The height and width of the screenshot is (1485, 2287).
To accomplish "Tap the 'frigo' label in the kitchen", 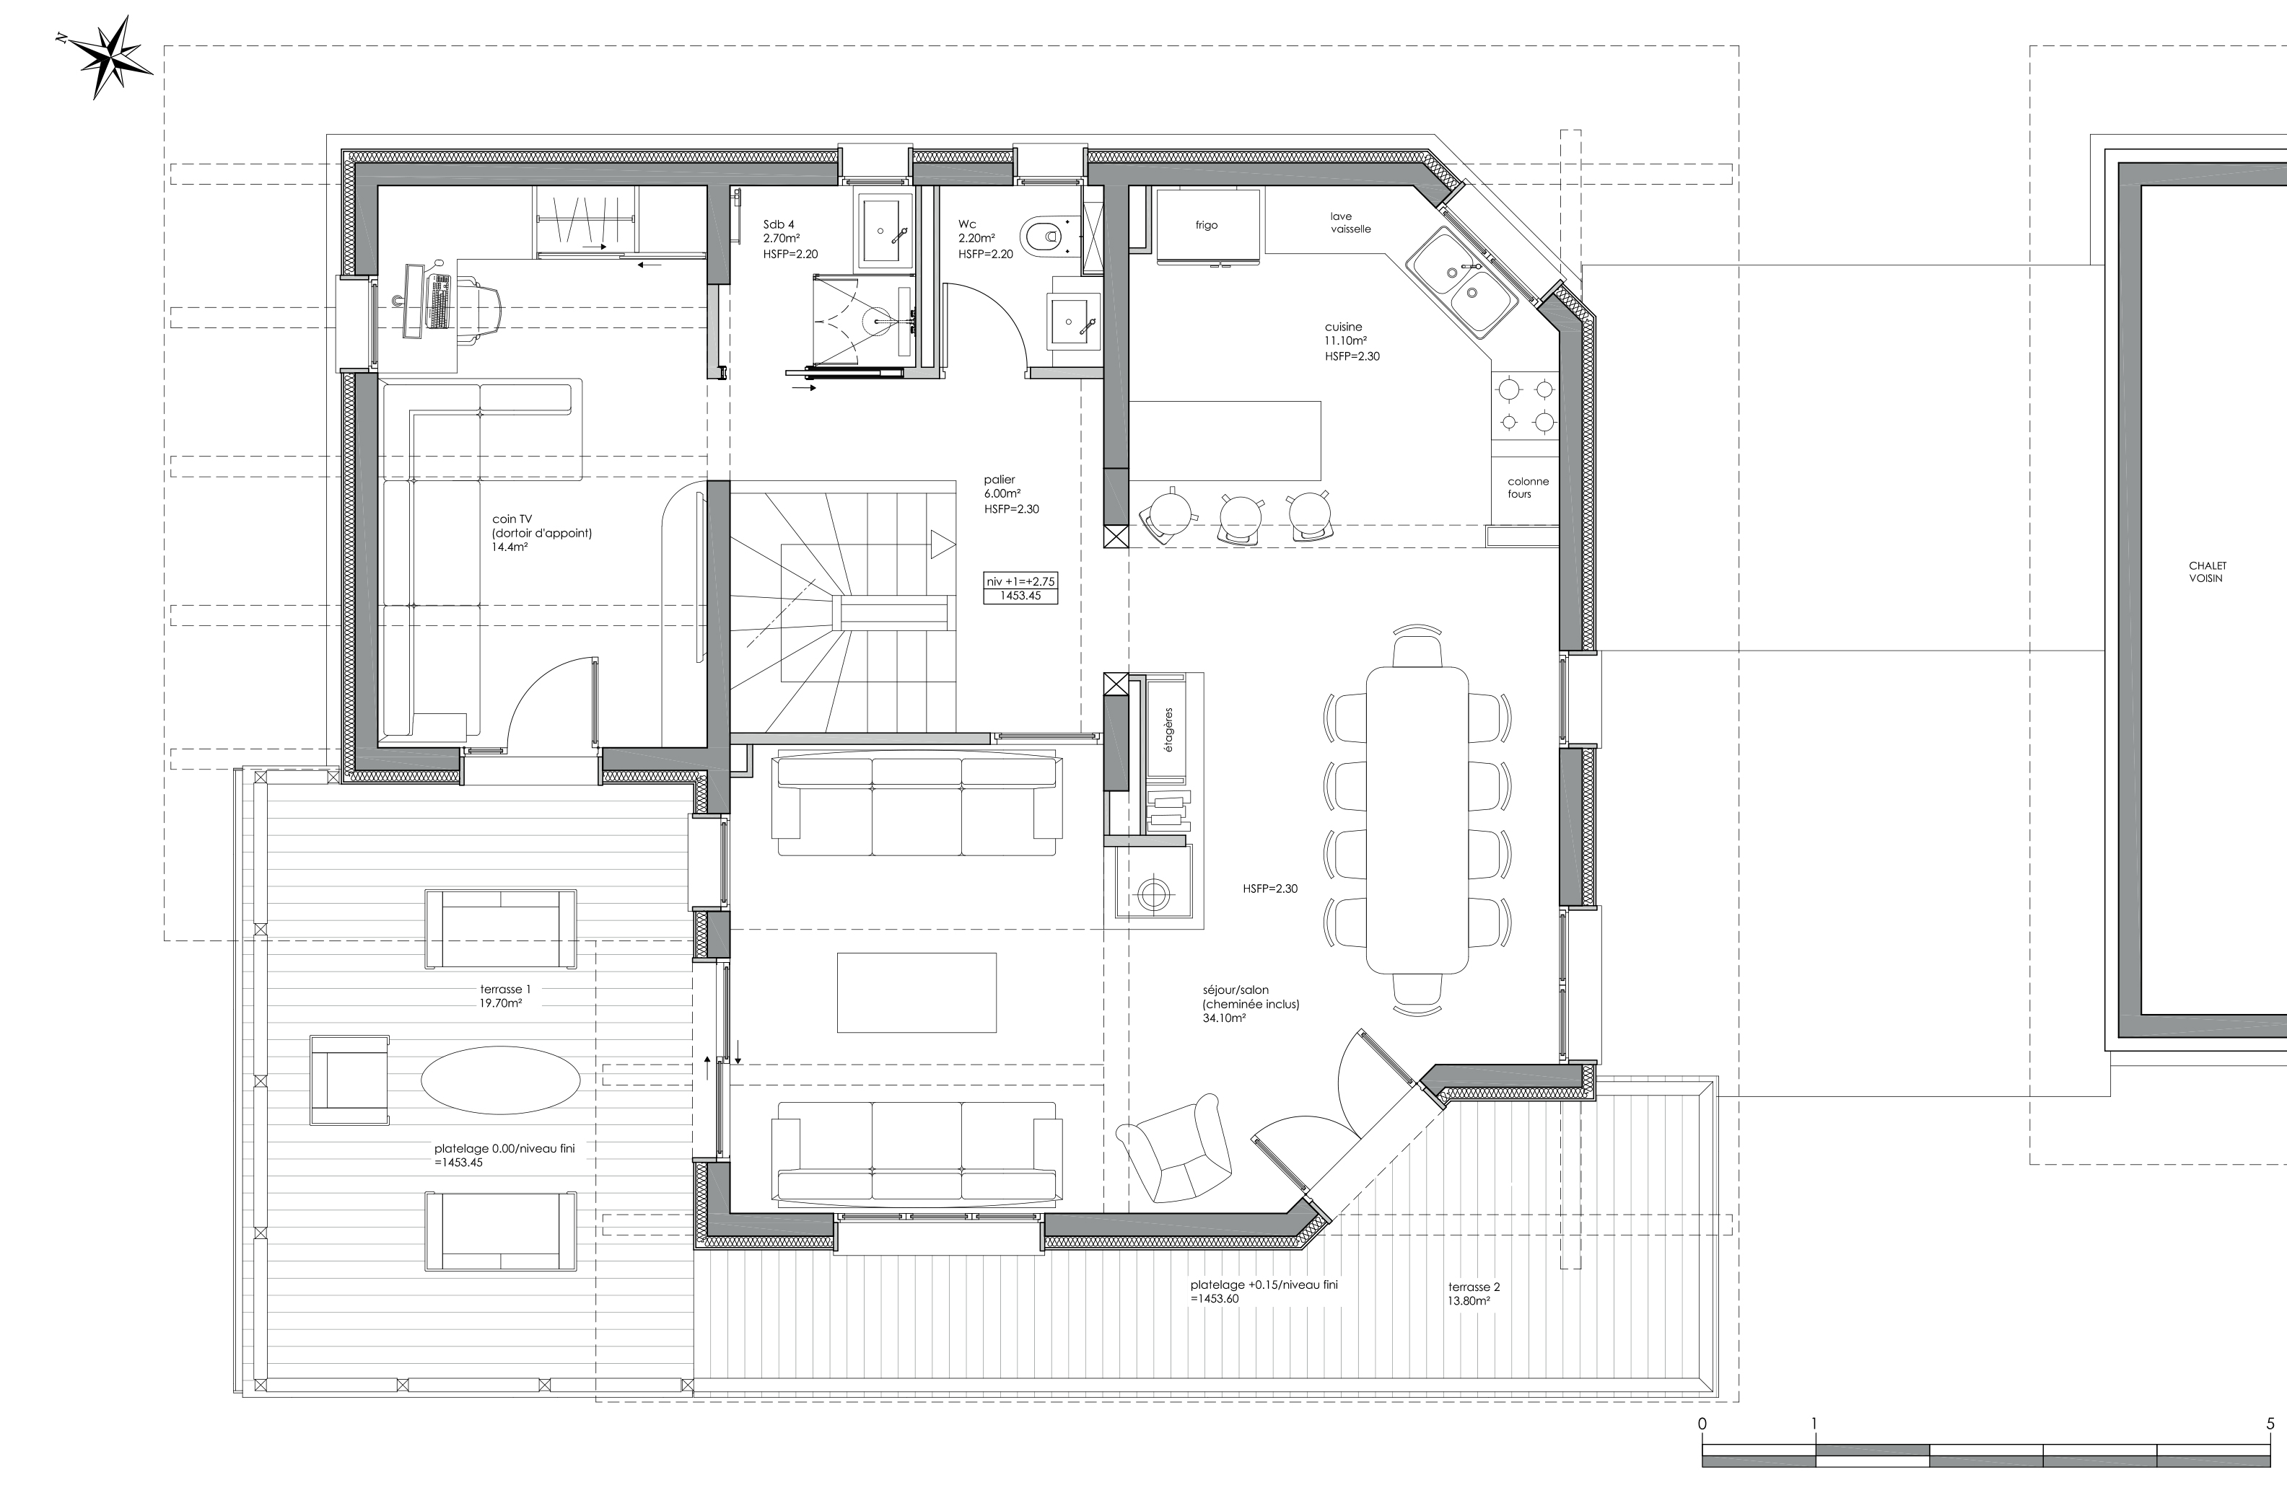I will click(x=1206, y=225).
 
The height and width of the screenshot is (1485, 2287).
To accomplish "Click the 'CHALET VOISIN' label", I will click(x=2206, y=571).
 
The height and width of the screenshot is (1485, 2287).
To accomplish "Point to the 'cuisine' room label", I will click(x=1342, y=327).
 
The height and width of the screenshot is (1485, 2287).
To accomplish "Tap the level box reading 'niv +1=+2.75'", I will click(x=1020, y=581).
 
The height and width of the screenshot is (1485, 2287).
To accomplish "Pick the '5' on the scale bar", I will click(x=2270, y=1424).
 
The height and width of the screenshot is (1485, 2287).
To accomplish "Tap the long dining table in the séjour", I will click(x=1417, y=817).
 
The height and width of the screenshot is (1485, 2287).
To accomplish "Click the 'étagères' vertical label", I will click(x=1168, y=730).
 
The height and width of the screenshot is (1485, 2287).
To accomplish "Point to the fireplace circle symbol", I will click(x=1152, y=894).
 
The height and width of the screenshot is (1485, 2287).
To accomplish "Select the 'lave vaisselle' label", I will click(x=1350, y=223).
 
